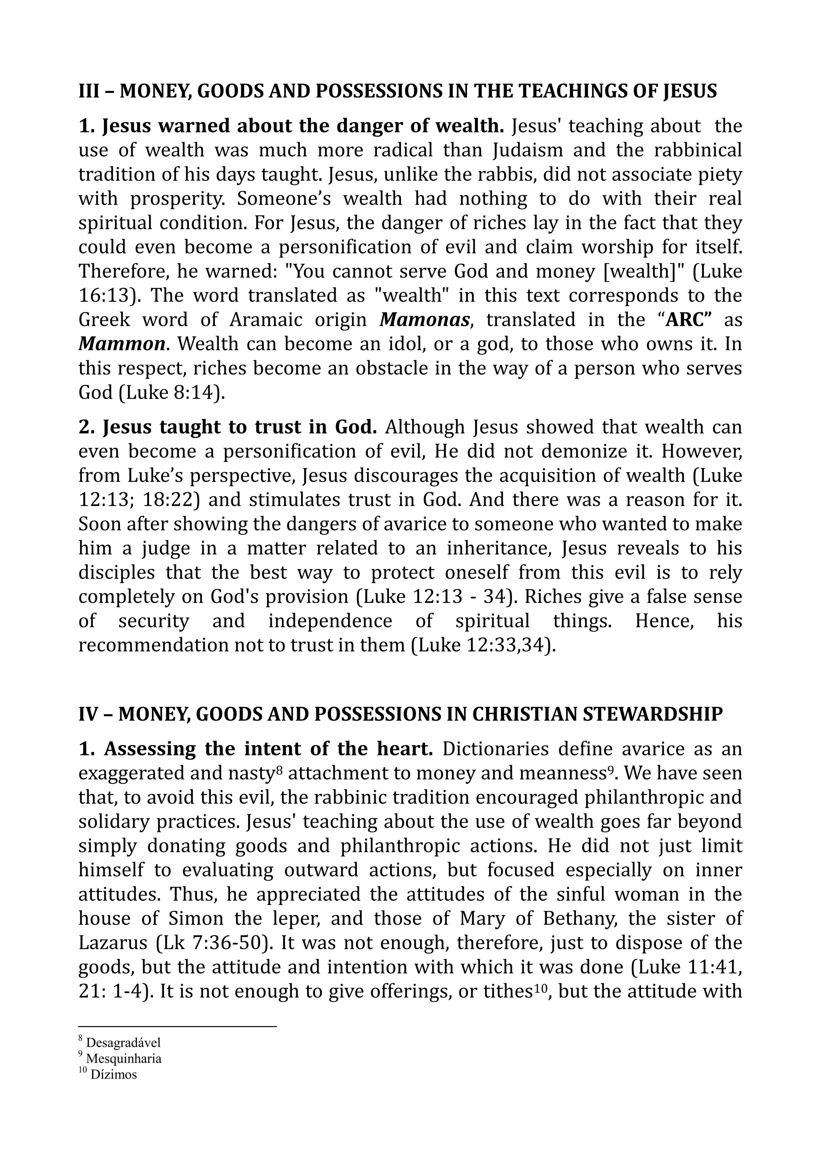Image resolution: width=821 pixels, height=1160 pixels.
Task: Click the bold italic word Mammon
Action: (x=122, y=344)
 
